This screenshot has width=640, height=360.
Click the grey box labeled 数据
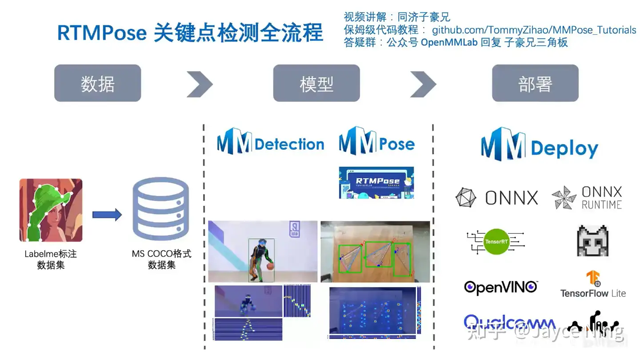pyautogui.click(x=97, y=83)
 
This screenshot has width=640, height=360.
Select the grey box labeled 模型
pyautogui.click(x=316, y=83)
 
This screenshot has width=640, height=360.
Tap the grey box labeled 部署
pyautogui.click(x=535, y=83)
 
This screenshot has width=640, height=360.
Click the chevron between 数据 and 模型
pyautogui.click(x=200, y=84)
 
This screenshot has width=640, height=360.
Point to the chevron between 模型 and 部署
pyautogui.click(x=423, y=84)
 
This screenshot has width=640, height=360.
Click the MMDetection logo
pyautogui.click(x=270, y=142)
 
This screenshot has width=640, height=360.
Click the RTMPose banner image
pyautogui.click(x=376, y=182)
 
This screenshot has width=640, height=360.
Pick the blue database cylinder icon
pyautogui.click(x=160, y=209)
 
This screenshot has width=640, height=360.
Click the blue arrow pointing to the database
pyautogui.click(x=107, y=215)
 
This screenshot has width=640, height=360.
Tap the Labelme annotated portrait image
pyautogui.click(x=51, y=210)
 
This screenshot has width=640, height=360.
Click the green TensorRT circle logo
pyautogui.click(x=496, y=241)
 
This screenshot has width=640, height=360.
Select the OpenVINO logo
pyautogui.click(x=500, y=287)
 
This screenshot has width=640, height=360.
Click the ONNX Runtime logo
pyautogui.click(x=587, y=198)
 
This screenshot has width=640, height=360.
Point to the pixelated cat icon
pyautogui.click(x=592, y=240)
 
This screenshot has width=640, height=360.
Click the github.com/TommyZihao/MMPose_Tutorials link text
pyautogui.click(x=534, y=30)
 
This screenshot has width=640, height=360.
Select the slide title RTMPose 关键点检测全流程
pyautogui.click(x=190, y=33)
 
